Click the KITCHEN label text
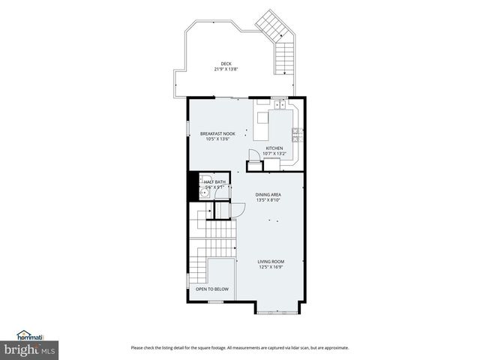[274, 148]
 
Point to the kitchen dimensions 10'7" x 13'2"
[274, 154]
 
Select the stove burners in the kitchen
[297, 135]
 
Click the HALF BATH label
[214, 181]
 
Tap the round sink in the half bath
[203, 192]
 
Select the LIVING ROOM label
[271, 262]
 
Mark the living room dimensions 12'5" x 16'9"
[271, 267]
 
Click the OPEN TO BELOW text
[212, 289]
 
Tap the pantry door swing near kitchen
[253, 154]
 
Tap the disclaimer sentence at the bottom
[239, 347]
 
